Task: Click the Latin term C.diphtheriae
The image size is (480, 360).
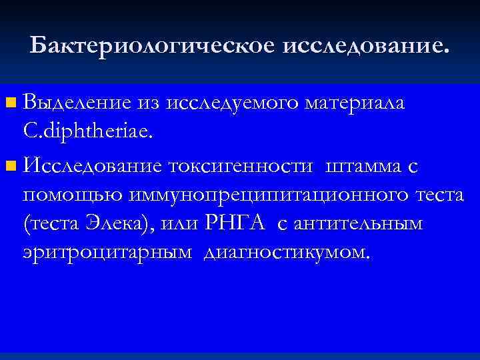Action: point(88,133)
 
